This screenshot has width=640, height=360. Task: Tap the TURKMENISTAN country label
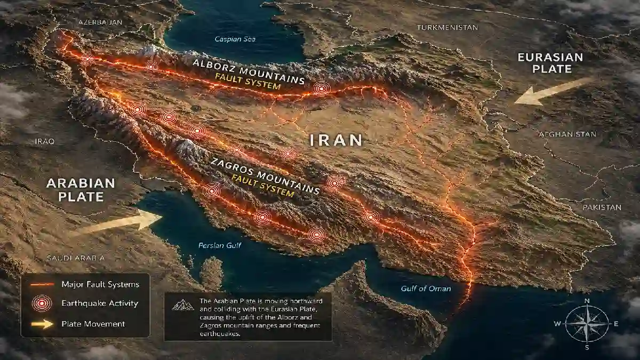click(447, 27)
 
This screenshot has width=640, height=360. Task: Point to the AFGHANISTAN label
click(567, 134)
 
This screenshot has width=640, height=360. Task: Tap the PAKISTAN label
click(602, 207)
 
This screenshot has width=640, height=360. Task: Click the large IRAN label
click(337, 140)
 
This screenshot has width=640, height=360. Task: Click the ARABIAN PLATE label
click(81, 190)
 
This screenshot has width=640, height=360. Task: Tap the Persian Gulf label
click(220, 246)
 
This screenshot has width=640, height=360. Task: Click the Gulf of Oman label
click(426, 289)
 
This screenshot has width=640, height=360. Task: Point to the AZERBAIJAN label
click(100, 22)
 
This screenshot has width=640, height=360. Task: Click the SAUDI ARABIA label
click(75, 258)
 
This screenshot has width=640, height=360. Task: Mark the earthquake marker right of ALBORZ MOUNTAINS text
click(321, 88)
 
